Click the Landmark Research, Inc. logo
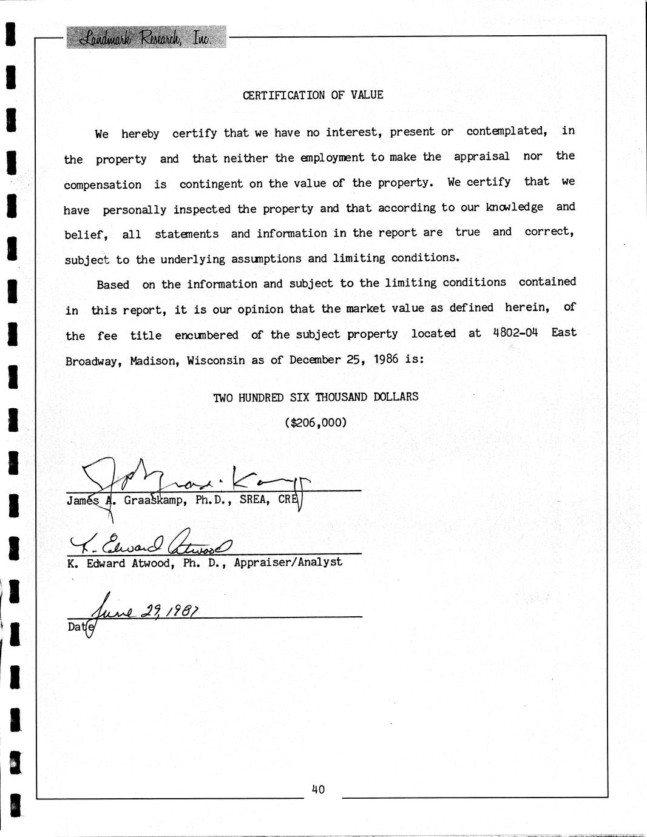(x=146, y=38)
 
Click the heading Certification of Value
(x=313, y=95)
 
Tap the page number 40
(x=318, y=789)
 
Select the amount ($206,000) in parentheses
(x=316, y=422)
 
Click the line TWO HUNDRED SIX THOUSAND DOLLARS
(x=316, y=397)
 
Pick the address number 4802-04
(x=516, y=333)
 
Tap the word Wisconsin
(x=215, y=360)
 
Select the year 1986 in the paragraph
(x=386, y=358)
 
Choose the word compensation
(x=103, y=184)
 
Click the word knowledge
(x=515, y=207)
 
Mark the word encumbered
(x=206, y=335)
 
